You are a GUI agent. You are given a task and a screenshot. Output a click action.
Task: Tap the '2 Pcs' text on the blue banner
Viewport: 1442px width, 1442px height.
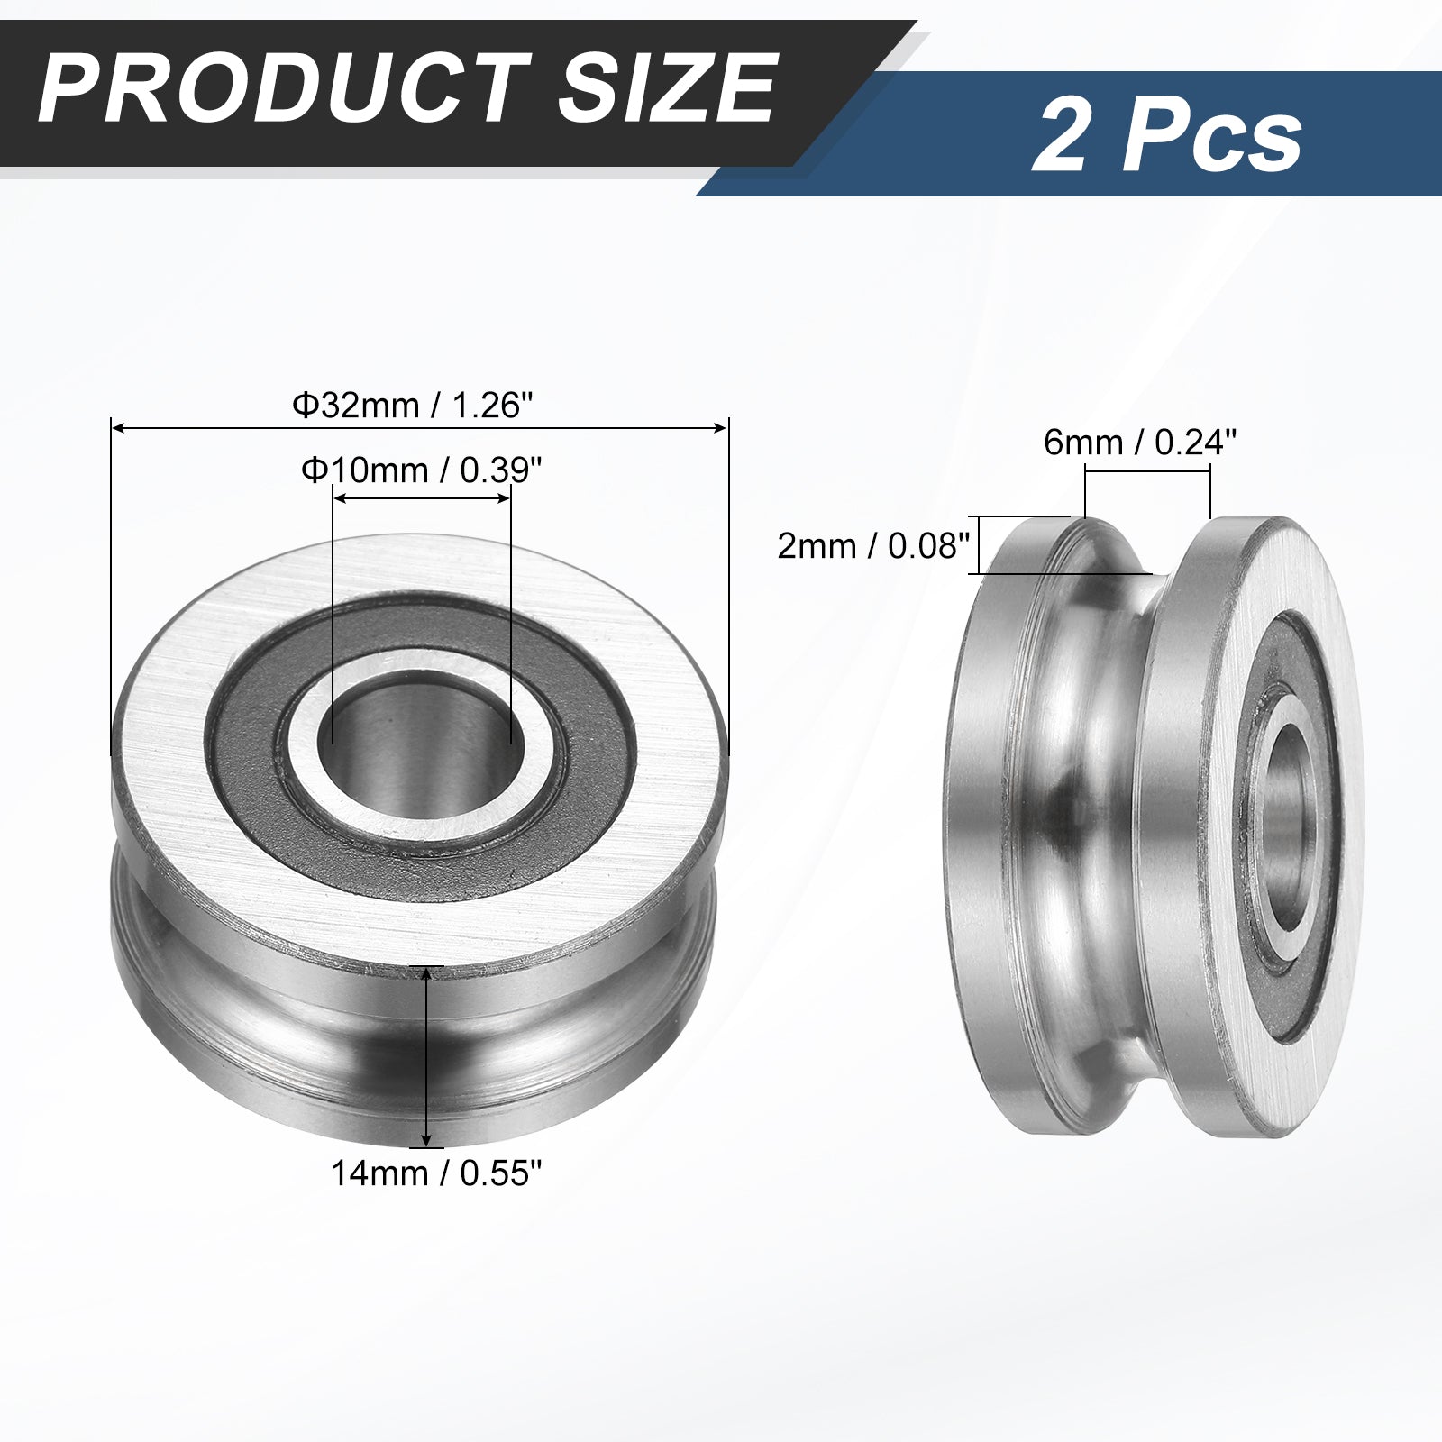tap(1168, 137)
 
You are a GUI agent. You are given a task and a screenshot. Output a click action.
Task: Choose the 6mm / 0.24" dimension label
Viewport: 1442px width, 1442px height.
tap(1140, 442)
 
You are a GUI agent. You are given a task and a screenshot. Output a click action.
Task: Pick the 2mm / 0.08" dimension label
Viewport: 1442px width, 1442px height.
tap(872, 545)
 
